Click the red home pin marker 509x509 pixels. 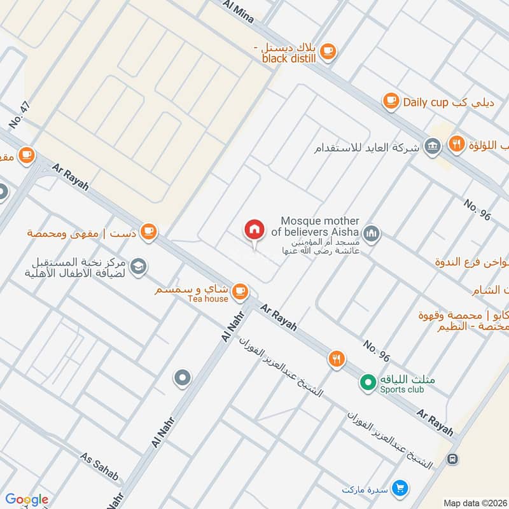click(254, 230)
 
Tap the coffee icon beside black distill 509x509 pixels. click(327, 51)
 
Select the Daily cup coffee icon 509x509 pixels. click(391, 101)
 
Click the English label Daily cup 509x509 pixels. click(426, 102)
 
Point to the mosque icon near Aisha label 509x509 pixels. click(372, 234)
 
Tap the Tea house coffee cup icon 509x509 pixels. click(239, 291)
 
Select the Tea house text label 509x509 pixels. click(207, 299)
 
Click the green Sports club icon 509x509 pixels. click(367, 382)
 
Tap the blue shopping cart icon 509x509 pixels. click(400, 487)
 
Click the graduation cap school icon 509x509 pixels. click(138, 268)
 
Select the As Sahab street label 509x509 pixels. click(100, 466)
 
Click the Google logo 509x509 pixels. click(27, 499)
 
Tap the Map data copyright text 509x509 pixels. click(474, 503)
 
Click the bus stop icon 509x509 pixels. click(452, 458)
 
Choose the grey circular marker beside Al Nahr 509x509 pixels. click(183, 379)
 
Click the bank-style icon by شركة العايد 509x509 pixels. click(433, 146)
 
